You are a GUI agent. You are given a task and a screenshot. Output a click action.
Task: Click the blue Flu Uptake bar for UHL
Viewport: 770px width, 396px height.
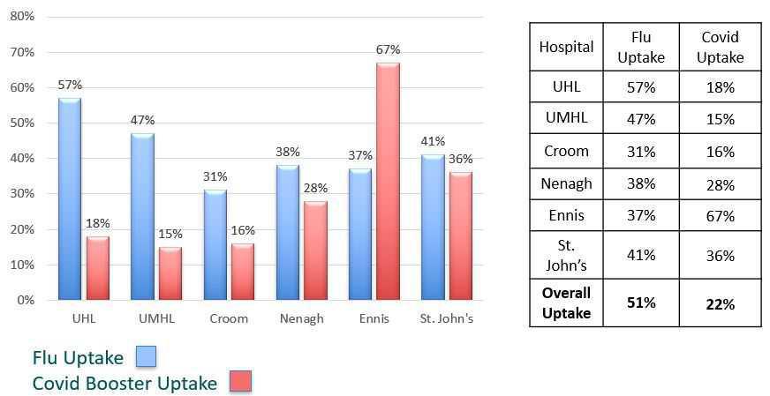pos(70,198)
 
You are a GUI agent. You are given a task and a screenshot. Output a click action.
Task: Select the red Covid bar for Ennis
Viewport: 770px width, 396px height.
pos(388,181)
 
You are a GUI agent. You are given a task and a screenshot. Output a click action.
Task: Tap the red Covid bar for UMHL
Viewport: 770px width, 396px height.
pos(170,273)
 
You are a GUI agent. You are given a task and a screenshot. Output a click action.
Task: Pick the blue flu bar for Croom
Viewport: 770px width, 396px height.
pos(215,244)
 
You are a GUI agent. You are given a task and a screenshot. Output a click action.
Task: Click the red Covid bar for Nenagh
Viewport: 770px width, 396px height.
pos(315,250)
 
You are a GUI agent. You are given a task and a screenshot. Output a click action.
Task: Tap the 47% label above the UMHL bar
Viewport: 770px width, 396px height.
pos(142,120)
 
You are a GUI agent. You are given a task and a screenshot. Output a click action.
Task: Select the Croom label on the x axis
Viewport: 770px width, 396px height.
pos(228,318)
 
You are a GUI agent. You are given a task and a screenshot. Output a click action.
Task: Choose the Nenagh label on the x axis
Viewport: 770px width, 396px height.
pos(301,318)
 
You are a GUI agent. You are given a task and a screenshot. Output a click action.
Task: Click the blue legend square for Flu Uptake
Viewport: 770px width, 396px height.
pos(145,356)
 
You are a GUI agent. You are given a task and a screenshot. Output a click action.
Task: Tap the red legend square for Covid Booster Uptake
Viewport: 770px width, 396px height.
pos(240,382)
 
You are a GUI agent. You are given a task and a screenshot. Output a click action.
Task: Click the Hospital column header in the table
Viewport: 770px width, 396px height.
pos(566,48)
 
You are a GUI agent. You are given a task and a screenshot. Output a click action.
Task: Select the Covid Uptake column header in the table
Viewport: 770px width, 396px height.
pos(720,48)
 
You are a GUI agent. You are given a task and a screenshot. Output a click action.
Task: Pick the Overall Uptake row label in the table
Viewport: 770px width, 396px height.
pos(566,303)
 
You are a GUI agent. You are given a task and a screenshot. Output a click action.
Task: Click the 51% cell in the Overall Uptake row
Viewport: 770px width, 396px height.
pos(642,303)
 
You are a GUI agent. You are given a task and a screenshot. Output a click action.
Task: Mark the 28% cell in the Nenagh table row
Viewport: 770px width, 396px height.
pos(720,185)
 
